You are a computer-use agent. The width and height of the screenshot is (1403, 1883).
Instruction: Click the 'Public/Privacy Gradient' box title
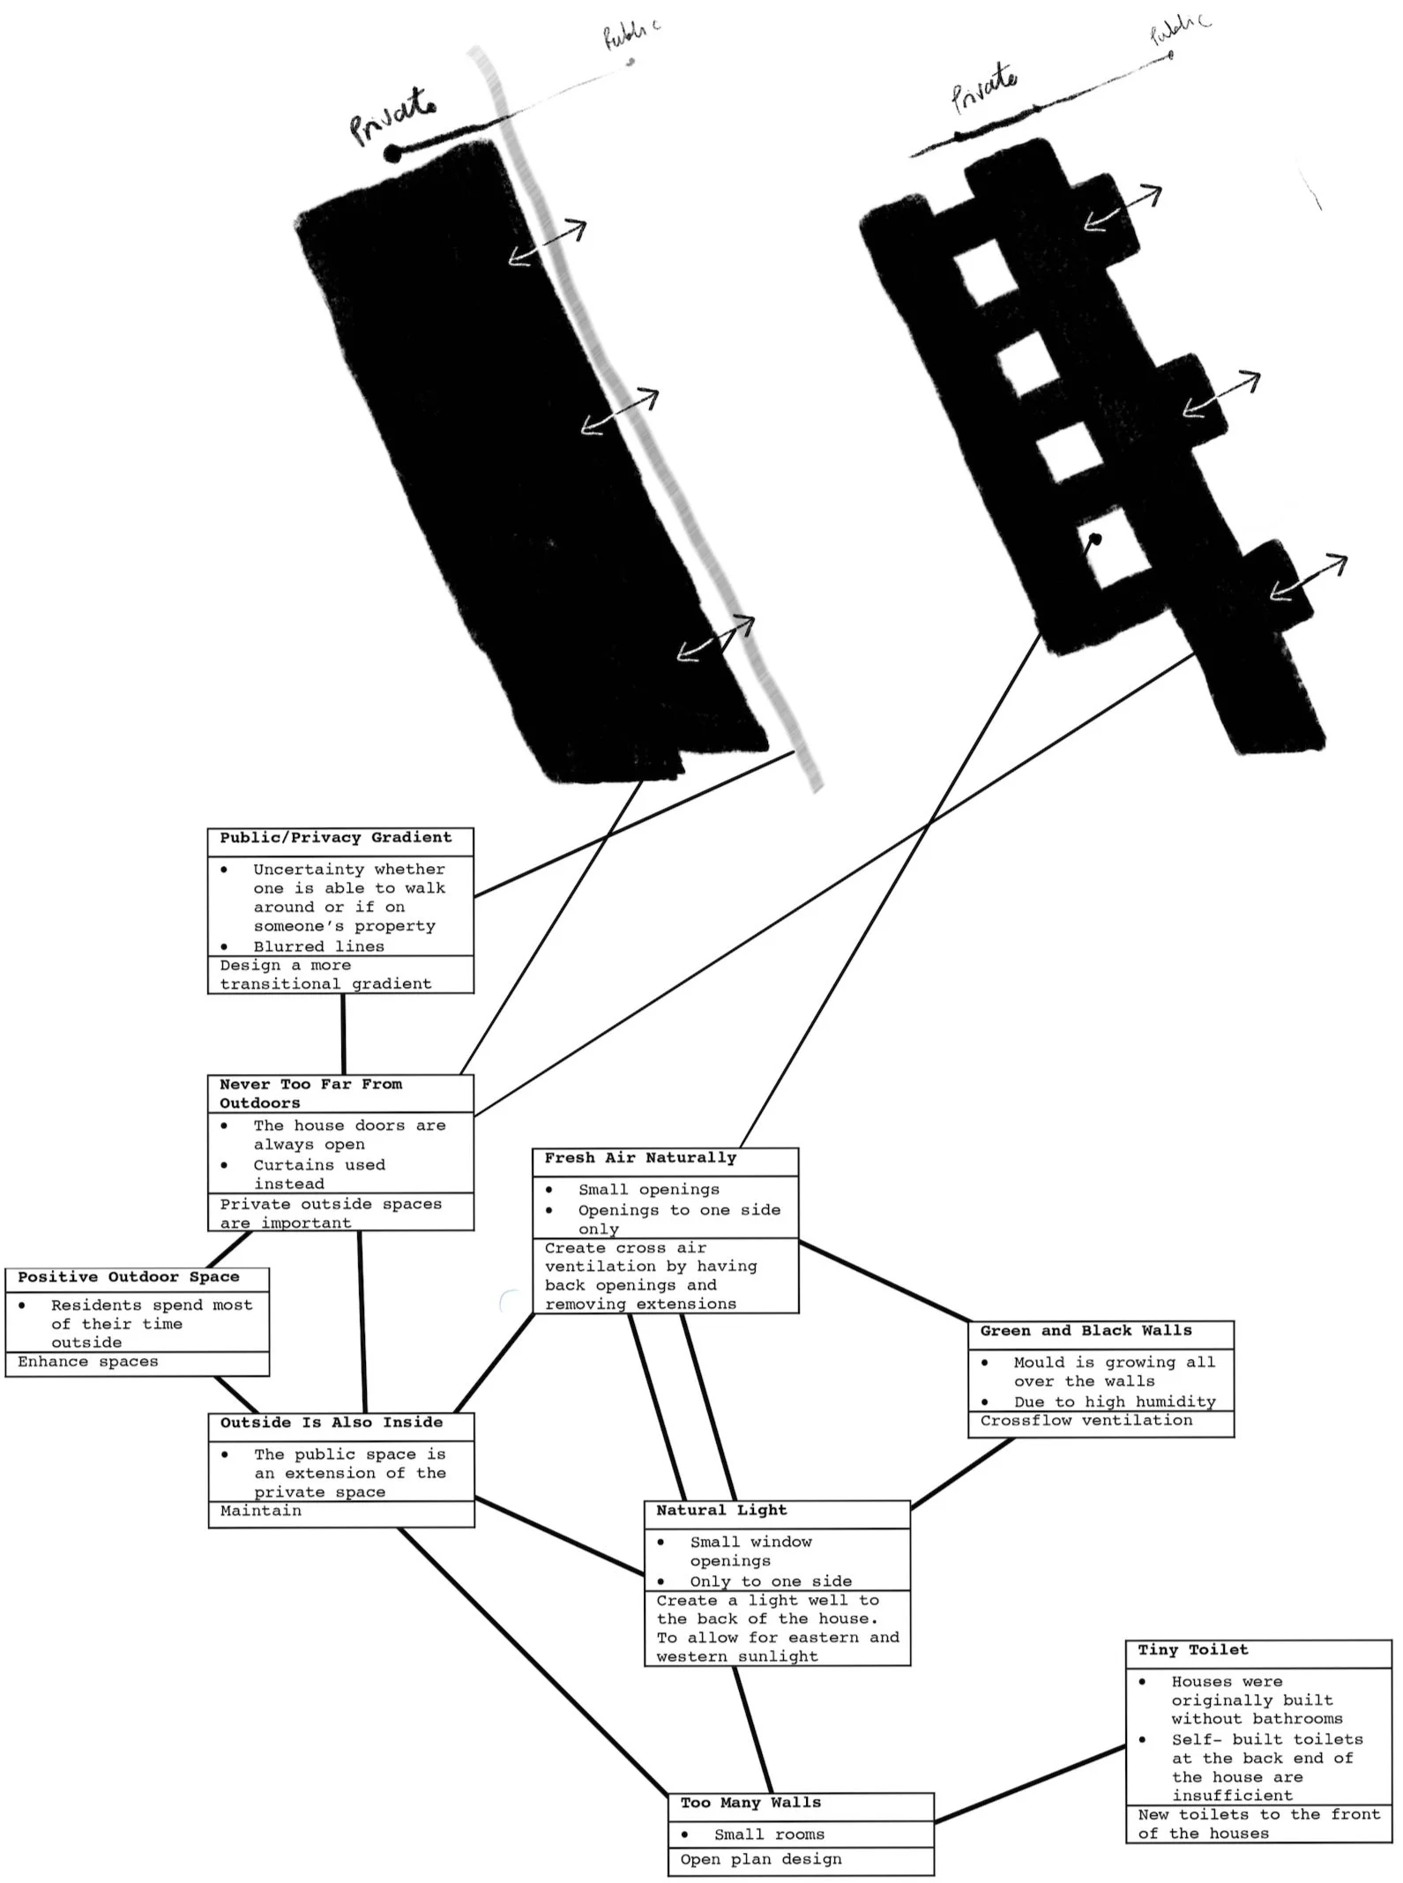click(335, 838)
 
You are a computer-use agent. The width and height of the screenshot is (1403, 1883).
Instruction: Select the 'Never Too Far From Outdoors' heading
click(310, 1094)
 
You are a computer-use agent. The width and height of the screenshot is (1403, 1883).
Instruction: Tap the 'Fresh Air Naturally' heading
click(640, 1158)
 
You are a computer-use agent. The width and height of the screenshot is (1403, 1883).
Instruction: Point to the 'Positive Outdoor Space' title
click(129, 1277)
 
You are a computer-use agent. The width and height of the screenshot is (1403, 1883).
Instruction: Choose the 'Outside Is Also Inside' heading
click(332, 1423)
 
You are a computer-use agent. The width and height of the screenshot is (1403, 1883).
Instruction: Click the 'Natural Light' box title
click(721, 1511)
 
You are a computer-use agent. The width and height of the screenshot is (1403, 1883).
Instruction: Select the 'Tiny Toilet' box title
click(1192, 1650)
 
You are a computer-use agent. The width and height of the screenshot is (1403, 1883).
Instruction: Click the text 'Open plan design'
click(761, 1859)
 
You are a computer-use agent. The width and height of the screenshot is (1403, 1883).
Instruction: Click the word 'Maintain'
click(261, 1511)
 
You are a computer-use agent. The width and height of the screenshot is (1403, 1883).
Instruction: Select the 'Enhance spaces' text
click(88, 1362)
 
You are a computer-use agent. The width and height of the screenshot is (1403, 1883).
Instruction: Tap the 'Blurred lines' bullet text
click(319, 946)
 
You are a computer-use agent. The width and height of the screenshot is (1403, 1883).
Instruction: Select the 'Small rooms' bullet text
click(769, 1834)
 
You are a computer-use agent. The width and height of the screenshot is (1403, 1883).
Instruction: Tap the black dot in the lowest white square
click(1095, 539)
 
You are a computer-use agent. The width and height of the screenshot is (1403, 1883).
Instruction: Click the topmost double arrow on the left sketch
click(547, 242)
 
